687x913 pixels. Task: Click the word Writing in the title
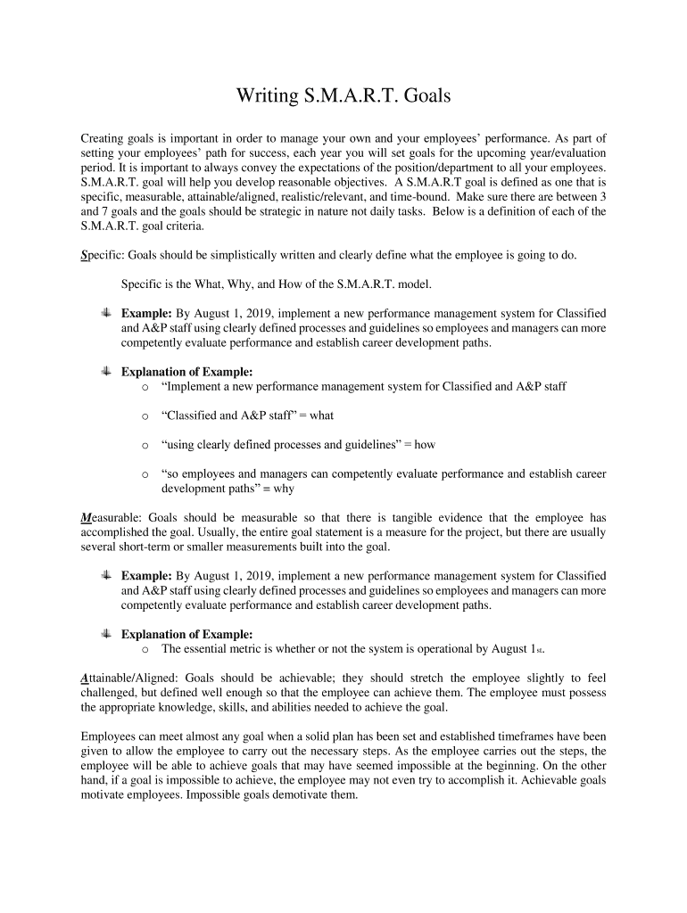pyautogui.click(x=264, y=96)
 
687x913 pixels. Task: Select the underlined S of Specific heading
pyautogui.click(x=84, y=255)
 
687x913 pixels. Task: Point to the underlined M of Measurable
pyautogui.click(x=86, y=517)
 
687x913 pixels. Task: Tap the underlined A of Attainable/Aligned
pyautogui.click(x=84, y=679)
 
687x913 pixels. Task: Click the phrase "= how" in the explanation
pyautogui.click(x=418, y=444)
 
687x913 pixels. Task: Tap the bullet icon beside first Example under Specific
pyautogui.click(x=104, y=313)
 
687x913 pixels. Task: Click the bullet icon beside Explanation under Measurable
pyautogui.click(x=104, y=634)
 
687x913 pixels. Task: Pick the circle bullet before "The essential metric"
pyautogui.click(x=145, y=650)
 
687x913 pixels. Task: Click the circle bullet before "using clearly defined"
pyautogui.click(x=145, y=445)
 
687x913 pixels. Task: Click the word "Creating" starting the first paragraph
pyautogui.click(x=103, y=139)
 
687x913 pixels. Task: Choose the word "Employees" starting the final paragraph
pyautogui.click(x=110, y=736)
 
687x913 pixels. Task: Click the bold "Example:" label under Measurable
pyautogui.click(x=146, y=576)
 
